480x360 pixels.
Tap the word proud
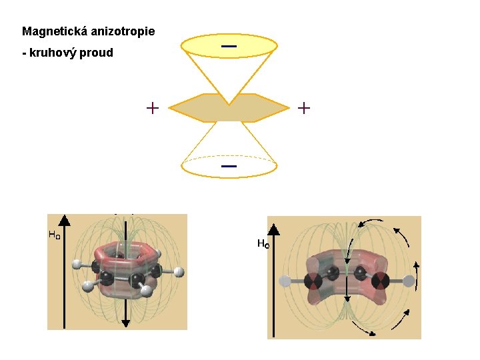click(98, 53)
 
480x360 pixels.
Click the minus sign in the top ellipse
click(229, 46)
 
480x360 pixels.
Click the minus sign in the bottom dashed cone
click(229, 165)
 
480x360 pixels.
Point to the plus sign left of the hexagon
click(153, 107)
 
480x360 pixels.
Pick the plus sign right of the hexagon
click(304, 107)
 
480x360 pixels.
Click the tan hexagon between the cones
click(229, 108)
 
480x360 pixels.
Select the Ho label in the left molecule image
click(54, 235)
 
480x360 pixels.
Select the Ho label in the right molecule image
click(263, 244)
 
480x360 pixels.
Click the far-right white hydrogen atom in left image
click(179, 272)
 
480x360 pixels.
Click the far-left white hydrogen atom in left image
click(77, 263)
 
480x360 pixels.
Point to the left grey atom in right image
click(287, 281)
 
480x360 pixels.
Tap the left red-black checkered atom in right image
click(312, 281)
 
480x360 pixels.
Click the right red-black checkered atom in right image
click(381, 281)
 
